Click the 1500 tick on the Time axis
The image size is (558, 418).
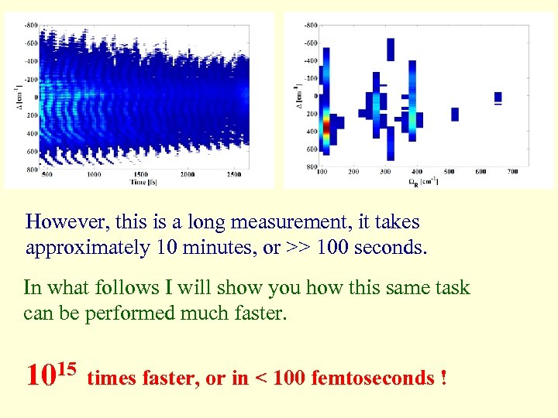139,175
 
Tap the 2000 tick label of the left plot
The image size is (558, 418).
188,175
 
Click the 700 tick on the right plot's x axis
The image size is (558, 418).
512,171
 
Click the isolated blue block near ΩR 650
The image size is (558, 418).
498,97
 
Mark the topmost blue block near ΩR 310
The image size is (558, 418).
390,49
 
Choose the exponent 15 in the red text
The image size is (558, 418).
67,366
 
